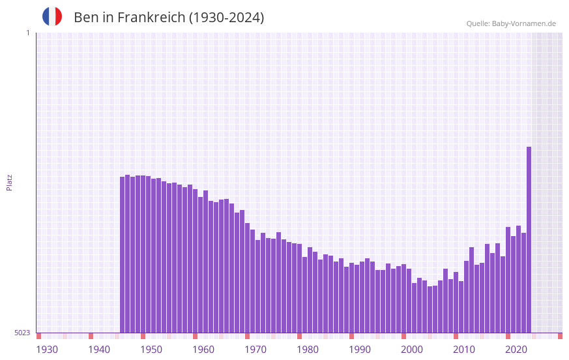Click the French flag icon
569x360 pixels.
(52, 17)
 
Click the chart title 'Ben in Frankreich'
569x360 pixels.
(169, 18)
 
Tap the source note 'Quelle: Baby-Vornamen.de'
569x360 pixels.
(511, 23)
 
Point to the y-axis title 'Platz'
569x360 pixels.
(9, 182)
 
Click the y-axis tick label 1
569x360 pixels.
(27, 33)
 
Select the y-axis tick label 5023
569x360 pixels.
(22, 333)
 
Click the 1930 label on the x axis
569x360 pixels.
(47, 350)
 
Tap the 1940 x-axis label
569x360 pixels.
(99, 350)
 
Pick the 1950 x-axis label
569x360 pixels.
(151, 350)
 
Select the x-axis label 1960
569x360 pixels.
(203, 350)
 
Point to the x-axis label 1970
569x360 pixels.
(255, 350)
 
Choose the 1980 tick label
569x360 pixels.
(308, 350)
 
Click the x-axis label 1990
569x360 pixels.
(360, 350)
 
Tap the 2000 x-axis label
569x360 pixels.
(412, 350)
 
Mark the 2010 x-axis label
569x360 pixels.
(464, 350)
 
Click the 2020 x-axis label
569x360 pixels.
(516, 350)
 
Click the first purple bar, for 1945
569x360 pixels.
(122, 254)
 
